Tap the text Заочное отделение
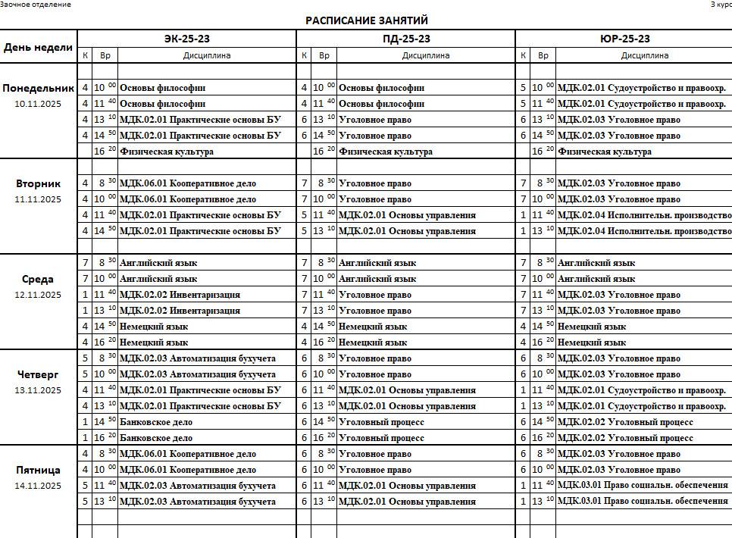pos(36,5)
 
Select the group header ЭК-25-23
pos(186,39)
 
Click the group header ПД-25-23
pos(405,39)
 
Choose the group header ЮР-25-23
pos(624,39)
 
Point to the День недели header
pos(39,47)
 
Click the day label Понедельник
pos(39,88)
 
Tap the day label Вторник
pos(39,183)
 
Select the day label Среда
pos(39,279)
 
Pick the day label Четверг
pos(39,374)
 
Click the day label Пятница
pos(39,470)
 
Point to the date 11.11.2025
pos(39,199)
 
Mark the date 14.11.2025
pos(39,486)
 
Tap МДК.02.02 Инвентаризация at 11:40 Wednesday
pos(180,295)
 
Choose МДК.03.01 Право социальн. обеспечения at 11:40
pos(643,485)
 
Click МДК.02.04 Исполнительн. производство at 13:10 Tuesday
pos(644,231)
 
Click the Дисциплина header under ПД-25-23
pos(426,55)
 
